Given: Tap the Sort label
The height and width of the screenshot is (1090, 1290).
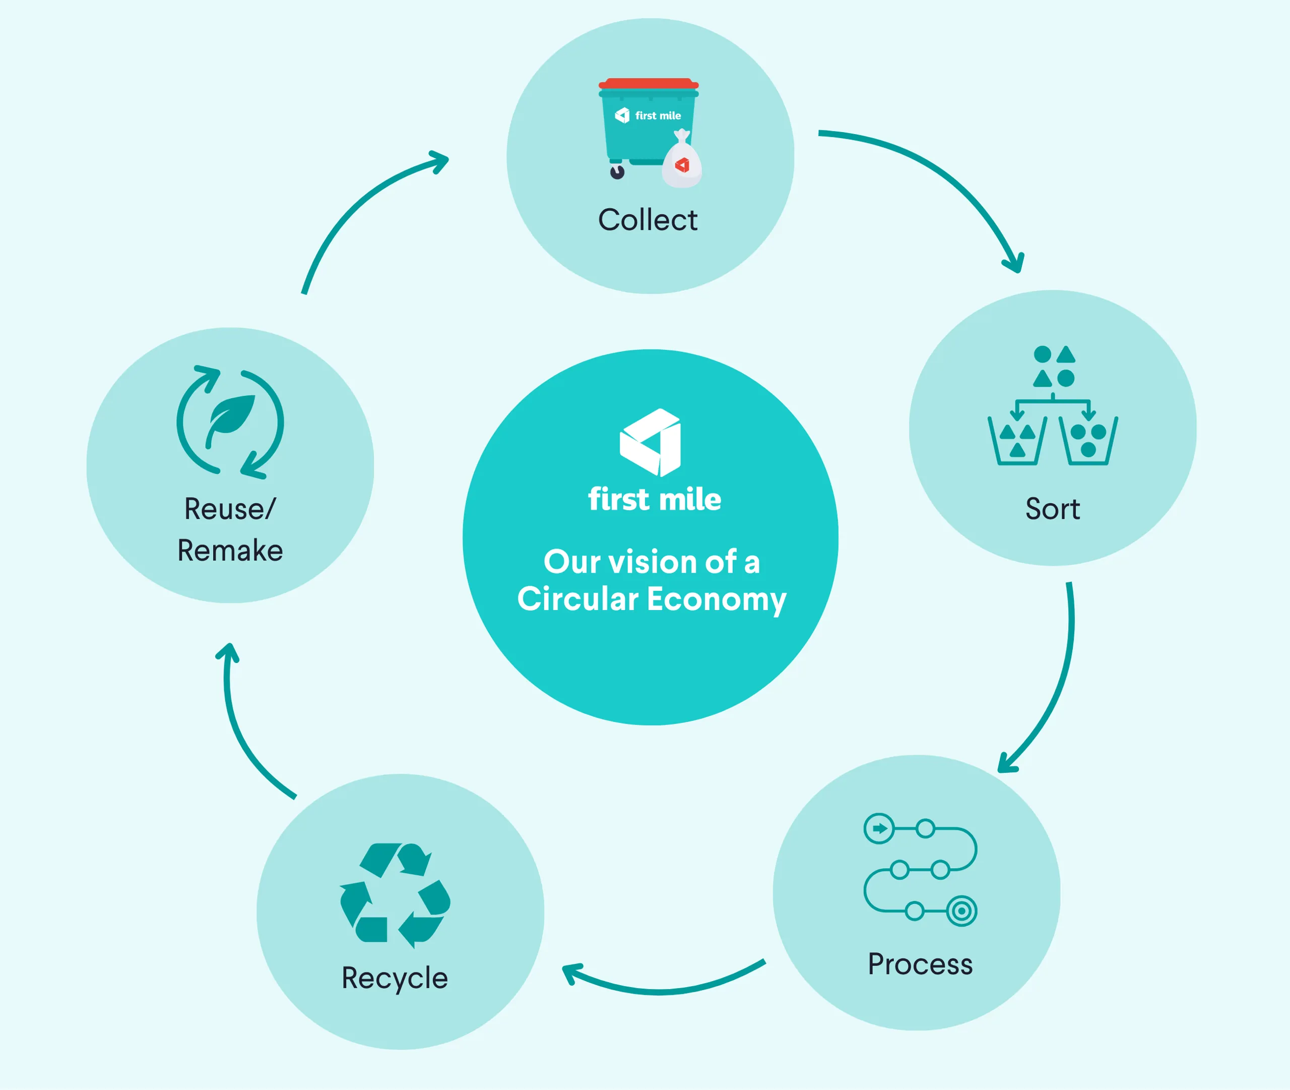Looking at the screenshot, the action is [x=1052, y=509].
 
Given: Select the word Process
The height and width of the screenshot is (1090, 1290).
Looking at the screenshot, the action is [x=920, y=964].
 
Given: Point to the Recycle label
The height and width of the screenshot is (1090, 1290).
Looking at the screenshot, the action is [x=395, y=978].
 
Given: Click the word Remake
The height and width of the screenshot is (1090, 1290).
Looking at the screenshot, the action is [x=230, y=551].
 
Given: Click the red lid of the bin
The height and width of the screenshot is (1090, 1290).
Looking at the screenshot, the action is [x=649, y=83].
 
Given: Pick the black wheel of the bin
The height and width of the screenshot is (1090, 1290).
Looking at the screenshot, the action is [x=617, y=172].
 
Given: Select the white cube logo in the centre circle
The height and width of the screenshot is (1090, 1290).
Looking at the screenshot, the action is [x=650, y=443].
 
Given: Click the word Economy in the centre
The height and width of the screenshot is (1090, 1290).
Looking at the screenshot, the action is [x=717, y=599].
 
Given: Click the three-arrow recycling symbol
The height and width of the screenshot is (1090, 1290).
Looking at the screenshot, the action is [x=395, y=895].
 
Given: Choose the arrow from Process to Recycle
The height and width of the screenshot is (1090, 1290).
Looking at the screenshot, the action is [x=661, y=991].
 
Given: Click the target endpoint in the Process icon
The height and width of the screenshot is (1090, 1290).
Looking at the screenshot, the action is [x=961, y=911].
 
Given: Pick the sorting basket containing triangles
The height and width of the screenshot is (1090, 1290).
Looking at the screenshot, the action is [x=1017, y=441].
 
